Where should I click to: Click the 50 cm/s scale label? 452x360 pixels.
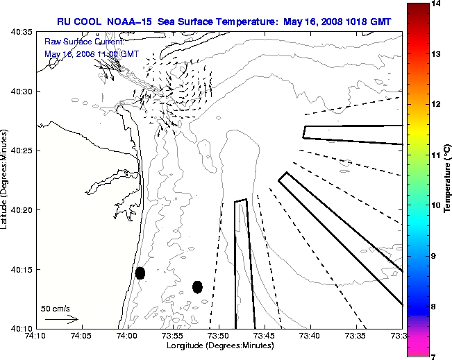tap(56, 308)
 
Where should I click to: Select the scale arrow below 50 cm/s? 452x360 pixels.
tap(61, 319)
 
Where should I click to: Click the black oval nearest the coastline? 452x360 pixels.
tap(140, 273)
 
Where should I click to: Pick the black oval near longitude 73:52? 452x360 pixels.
tap(197, 286)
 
